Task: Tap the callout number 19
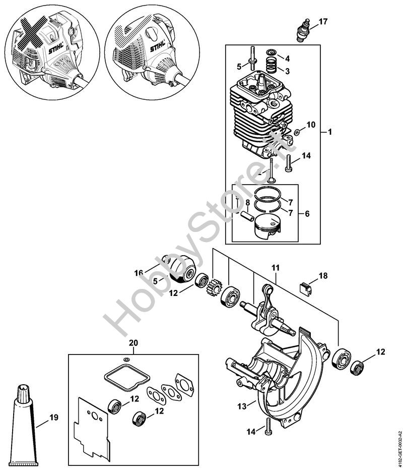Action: coord(54,418)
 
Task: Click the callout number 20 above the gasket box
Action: coord(133,343)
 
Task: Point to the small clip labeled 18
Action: coord(305,287)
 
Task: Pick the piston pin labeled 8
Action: coord(247,216)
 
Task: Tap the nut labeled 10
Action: coord(296,132)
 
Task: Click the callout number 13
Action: coord(242,406)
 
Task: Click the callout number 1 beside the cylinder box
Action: coord(330,132)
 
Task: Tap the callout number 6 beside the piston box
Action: coord(307,214)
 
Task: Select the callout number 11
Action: coord(276,268)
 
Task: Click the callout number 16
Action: coord(139,273)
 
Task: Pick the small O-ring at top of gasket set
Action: coord(126,359)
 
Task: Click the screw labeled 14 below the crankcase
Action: coord(267,426)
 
